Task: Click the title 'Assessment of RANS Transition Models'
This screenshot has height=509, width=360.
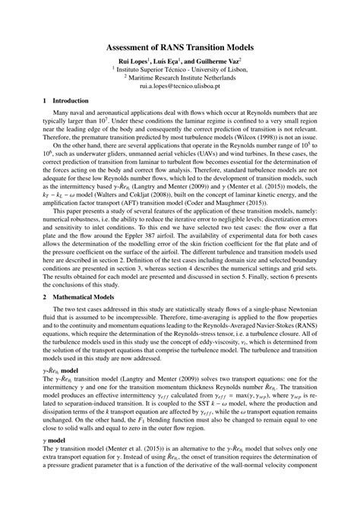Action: tap(180, 47)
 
